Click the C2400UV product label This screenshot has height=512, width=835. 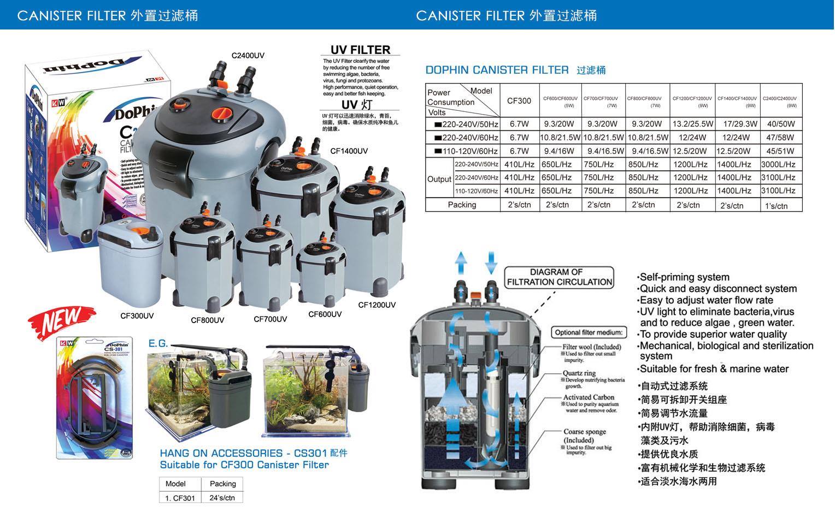(x=248, y=56)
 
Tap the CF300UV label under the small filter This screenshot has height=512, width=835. (x=137, y=315)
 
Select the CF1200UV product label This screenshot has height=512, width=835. (x=377, y=305)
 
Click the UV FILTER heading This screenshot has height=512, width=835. (x=360, y=50)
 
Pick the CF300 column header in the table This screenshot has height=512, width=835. (x=519, y=100)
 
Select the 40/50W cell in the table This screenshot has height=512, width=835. (x=780, y=124)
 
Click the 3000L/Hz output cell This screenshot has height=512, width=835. (x=778, y=164)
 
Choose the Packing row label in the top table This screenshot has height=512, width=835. (x=462, y=205)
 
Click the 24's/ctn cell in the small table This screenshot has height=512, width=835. (x=222, y=497)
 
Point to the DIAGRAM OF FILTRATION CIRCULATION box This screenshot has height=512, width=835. (x=559, y=277)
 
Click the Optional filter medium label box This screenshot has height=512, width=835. (x=588, y=332)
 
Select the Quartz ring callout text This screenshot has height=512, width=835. (x=579, y=373)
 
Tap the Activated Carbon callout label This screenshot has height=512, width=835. (x=589, y=397)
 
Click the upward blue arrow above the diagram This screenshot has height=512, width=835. (x=462, y=262)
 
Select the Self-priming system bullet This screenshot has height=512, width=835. (x=684, y=277)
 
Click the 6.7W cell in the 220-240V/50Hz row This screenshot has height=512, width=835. (x=519, y=124)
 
